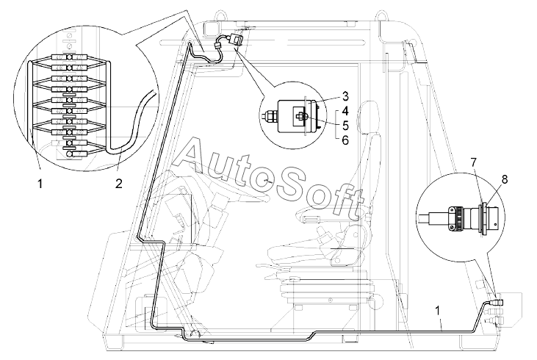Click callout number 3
[345, 96]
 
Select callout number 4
[345, 112]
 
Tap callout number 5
[345, 126]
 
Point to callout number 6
[345, 140]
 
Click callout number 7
[474, 162]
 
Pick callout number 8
[505, 179]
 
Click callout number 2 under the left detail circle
[118, 184]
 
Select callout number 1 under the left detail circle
[40, 184]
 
